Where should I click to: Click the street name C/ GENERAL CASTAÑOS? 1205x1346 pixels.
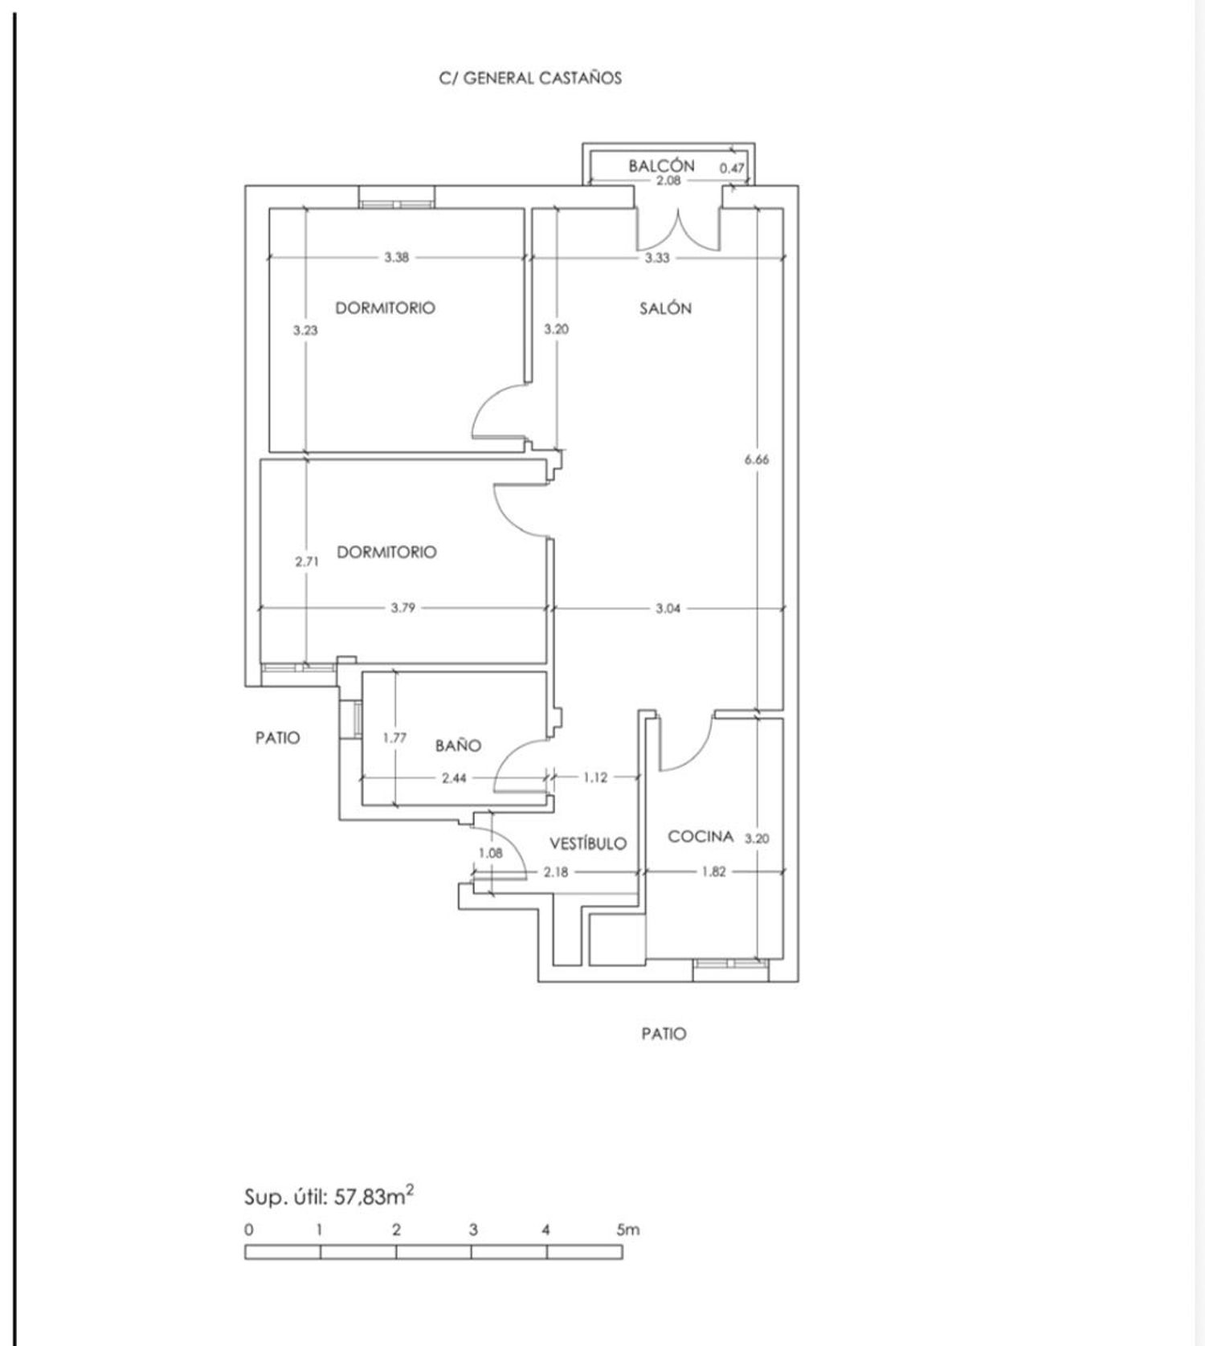(x=530, y=78)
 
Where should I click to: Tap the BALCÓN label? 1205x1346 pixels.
(x=661, y=165)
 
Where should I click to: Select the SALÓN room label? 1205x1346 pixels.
(x=665, y=308)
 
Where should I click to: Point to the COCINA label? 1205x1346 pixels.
(x=701, y=836)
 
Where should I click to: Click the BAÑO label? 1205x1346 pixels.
(x=458, y=745)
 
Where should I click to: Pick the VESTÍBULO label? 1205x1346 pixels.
(x=588, y=843)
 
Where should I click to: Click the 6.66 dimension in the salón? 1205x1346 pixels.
(x=757, y=459)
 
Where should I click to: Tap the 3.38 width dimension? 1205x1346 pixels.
(x=396, y=258)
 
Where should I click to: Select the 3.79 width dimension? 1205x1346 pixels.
(x=403, y=608)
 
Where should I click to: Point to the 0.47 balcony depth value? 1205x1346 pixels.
(x=732, y=168)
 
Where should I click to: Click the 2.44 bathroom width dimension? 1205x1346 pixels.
(x=455, y=777)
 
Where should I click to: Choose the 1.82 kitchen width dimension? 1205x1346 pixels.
(x=713, y=871)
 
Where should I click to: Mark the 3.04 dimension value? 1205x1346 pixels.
(x=668, y=608)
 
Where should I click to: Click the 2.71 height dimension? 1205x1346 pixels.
(x=306, y=561)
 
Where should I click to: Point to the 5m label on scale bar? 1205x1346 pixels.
(x=628, y=1230)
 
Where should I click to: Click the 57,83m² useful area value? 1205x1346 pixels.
(x=374, y=1197)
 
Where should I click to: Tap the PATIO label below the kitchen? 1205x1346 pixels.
(x=664, y=1034)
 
